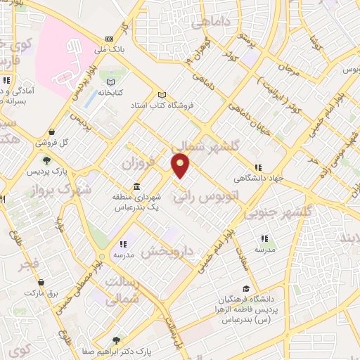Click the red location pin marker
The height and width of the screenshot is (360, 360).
181,166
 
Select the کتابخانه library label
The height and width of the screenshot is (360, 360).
110,92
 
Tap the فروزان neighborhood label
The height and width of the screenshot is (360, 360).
137,163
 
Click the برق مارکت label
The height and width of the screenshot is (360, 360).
44,291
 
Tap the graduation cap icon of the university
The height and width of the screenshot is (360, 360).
245,288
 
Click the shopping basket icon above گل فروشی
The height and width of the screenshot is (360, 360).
51,131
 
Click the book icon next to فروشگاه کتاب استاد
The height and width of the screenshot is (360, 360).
162,95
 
